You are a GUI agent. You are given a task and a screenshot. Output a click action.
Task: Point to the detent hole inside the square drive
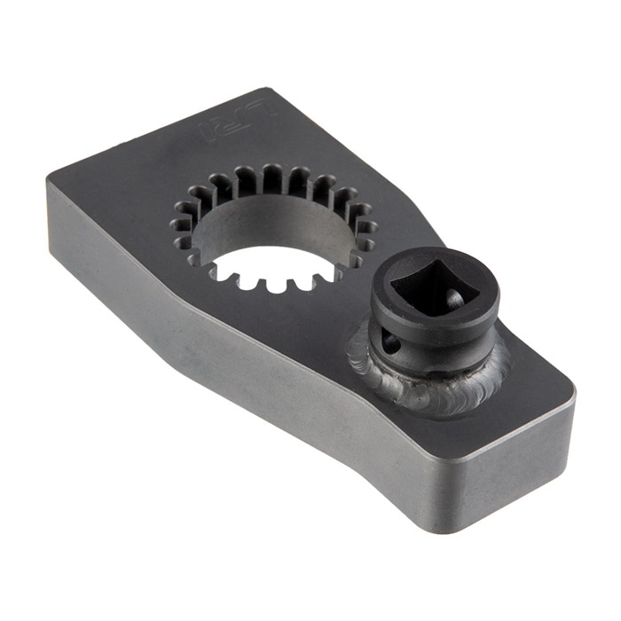454,301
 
